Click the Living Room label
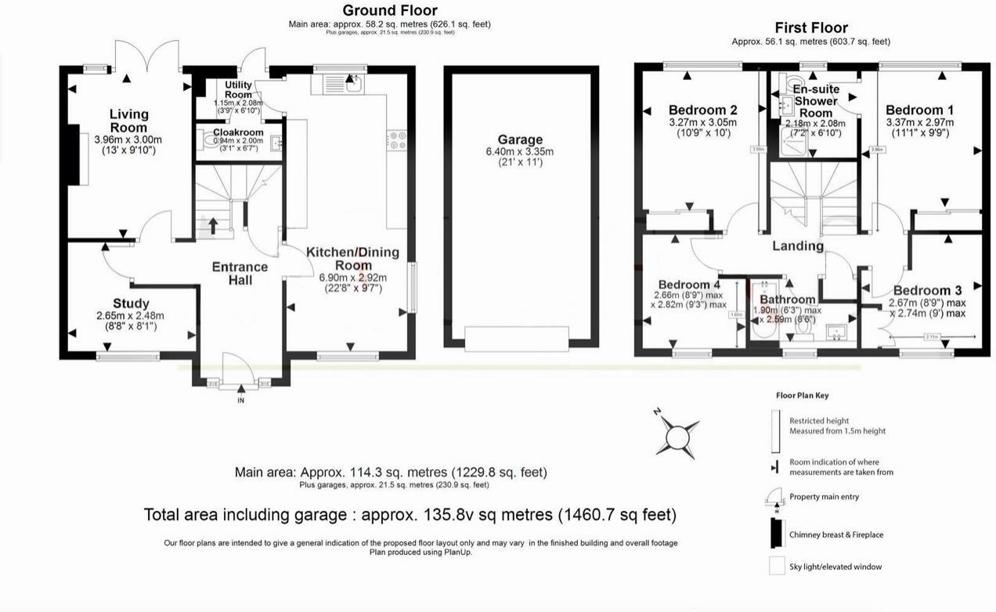tap(128, 121)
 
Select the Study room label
tap(131, 303)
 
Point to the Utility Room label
tap(238, 89)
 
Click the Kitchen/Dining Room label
tap(352, 259)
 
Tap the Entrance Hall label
tap(240, 273)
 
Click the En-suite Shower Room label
tap(815, 100)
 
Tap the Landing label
tap(798, 245)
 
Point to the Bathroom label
tap(787, 299)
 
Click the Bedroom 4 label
tap(689, 284)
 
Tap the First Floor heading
tap(810, 28)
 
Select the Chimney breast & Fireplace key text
tap(835, 534)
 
